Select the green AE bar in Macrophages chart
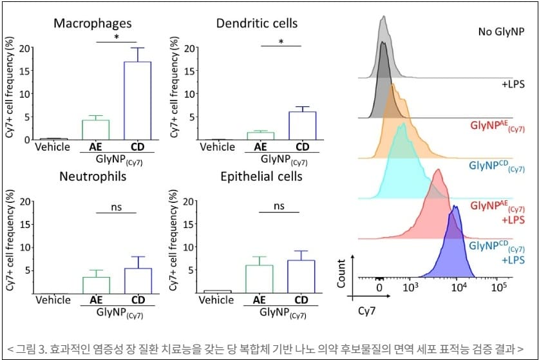tap(95, 129)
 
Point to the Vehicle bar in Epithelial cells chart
tap(217, 292)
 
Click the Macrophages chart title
tap(93, 24)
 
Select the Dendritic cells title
tap(257, 24)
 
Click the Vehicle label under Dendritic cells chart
tap(217, 147)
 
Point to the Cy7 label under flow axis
tap(367, 310)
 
